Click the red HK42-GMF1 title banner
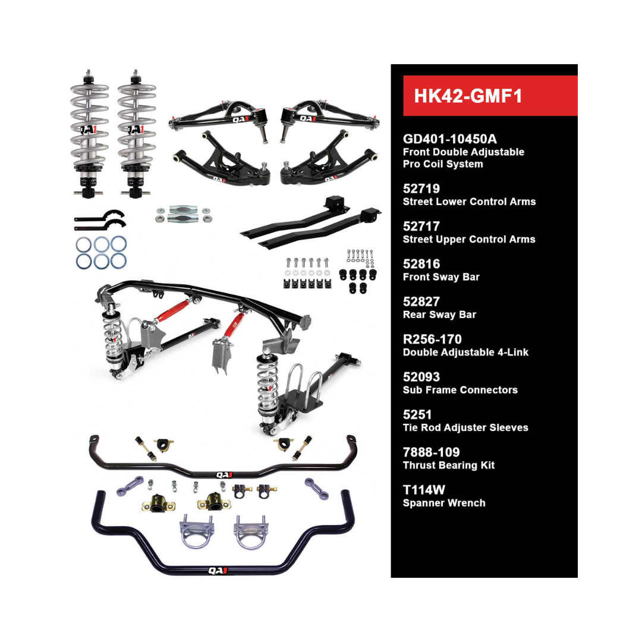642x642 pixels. click(490, 96)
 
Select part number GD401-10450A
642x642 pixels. click(450, 139)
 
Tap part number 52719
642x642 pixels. click(421, 188)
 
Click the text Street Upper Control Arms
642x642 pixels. click(469, 239)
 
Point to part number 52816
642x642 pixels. click(421, 264)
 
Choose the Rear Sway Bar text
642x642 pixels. click(439, 314)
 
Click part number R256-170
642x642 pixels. click(432, 339)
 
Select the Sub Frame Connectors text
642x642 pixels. click(460, 390)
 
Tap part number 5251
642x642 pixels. click(417, 414)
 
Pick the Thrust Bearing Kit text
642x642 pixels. click(449, 465)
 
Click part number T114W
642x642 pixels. click(424, 490)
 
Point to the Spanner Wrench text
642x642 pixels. click(444, 503)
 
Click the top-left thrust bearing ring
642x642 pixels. click(84, 243)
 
